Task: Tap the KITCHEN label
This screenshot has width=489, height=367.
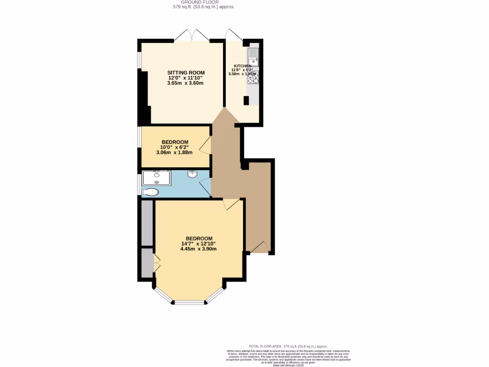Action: pos(242,65)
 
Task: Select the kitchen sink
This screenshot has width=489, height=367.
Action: pos(253,57)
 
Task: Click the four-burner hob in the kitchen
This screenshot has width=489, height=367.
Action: pos(253,78)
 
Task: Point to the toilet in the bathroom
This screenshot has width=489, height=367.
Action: pos(150,192)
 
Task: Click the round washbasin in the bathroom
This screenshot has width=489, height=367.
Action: pos(192,174)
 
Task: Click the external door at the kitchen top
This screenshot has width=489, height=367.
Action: pos(234,35)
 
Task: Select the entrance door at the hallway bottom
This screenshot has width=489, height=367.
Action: pos(259,248)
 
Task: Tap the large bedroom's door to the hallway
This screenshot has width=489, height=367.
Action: pos(233,204)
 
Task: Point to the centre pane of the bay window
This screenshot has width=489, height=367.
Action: pos(190,302)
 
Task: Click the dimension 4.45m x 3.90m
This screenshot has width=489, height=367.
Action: pos(198,249)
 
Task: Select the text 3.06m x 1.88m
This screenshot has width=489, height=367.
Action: pos(174,153)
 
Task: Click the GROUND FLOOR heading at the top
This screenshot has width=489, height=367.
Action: pos(203,2)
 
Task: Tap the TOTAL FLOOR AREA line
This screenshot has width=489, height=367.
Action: pos(288,346)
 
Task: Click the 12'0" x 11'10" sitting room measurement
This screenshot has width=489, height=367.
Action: pos(185,78)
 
